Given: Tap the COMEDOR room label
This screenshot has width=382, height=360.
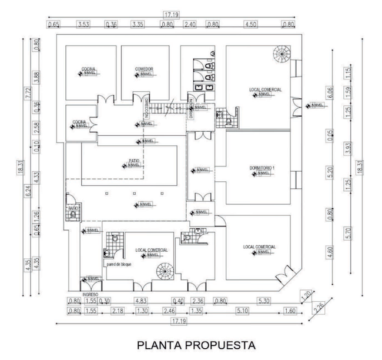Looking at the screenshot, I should point(144,69).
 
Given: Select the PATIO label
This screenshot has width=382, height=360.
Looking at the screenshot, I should point(133,160).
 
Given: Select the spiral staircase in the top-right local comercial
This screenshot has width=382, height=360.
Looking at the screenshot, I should point(282,55).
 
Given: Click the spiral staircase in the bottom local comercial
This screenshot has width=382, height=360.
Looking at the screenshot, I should point(165,272).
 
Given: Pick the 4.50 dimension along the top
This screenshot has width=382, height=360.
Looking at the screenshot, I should point(250,25).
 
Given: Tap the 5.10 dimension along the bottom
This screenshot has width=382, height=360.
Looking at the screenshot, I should point(242,310).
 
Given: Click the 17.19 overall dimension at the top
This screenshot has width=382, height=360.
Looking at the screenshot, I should point(172,13).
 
